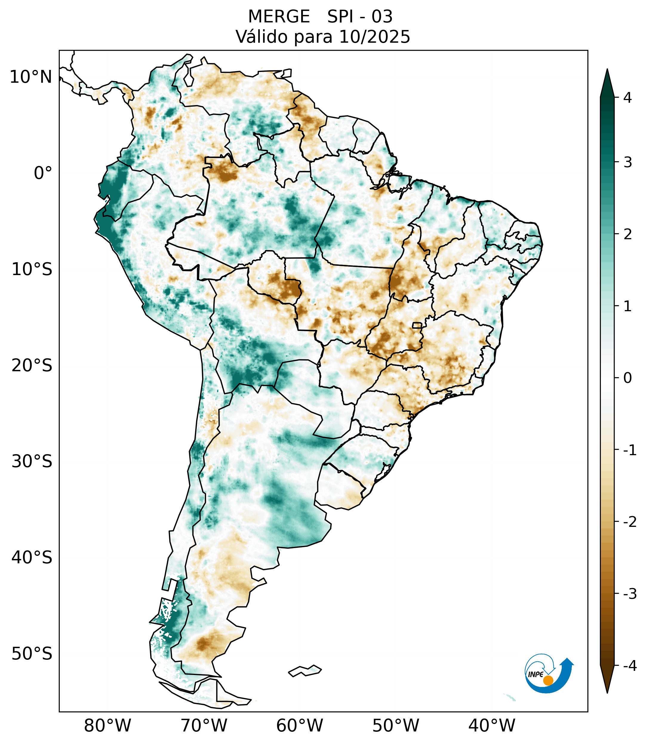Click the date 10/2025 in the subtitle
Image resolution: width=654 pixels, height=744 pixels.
click(374, 37)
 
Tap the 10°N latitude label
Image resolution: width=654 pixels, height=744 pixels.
click(31, 77)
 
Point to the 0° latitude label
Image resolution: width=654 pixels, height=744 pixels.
click(43, 173)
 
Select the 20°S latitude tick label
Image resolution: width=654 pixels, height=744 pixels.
click(32, 366)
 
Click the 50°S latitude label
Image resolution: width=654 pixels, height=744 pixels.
click(32, 654)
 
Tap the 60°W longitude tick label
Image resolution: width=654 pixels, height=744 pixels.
click(299, 725)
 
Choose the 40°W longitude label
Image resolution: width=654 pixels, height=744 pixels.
click(492, 725)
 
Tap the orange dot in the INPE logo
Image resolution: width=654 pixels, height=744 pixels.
click(548, 680)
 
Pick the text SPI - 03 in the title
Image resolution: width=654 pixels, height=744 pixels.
click(360, 17)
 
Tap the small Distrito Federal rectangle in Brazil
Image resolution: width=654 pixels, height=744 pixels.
click(417, 325)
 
